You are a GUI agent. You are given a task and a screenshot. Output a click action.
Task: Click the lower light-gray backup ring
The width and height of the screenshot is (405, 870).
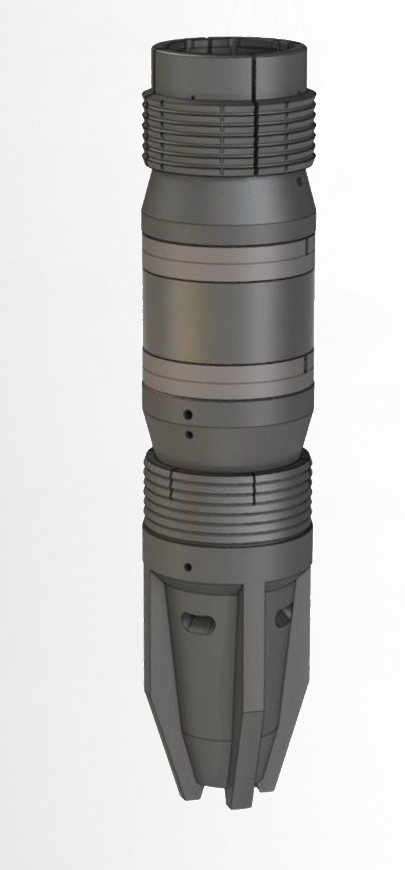[226, 374]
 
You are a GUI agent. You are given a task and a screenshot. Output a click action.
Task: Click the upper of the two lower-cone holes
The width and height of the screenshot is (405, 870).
[188, 414]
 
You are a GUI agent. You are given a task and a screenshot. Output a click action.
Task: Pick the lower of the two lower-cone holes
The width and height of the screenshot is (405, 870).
[188, 434]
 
